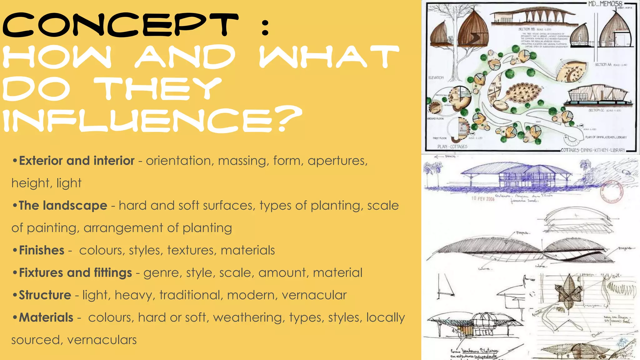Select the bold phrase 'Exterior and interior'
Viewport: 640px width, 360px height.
77,161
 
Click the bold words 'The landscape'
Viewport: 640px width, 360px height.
63,206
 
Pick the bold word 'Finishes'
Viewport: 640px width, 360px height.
42,250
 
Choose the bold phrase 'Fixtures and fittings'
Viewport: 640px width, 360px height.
75,273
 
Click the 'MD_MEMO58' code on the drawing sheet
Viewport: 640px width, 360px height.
605,4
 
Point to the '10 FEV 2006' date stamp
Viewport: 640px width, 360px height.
483,199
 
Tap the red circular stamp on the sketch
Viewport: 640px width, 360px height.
612,192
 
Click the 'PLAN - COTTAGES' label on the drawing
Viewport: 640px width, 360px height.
452,147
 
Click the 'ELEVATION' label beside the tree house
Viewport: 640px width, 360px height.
436,77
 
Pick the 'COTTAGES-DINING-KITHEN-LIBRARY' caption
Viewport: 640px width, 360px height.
593,150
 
